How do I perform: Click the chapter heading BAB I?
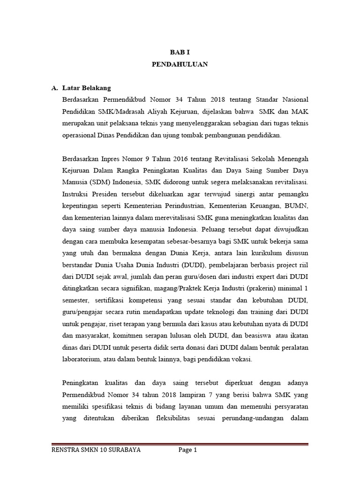[x=180, y=52]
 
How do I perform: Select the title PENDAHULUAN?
[x=180, y=64]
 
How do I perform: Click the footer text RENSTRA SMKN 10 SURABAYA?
[x=95, y=450]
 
